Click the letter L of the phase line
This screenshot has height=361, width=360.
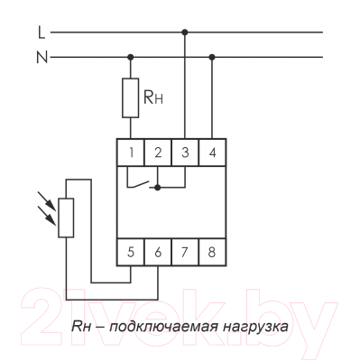pyautogui.click(x=42, y=32)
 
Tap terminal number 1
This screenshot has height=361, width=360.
pyautogui.click(x=132, y=152)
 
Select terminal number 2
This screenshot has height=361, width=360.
pyautogui.click(x=158, y=152)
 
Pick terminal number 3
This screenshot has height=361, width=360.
pyautogui.click(x=185, y=152)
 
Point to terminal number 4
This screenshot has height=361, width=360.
pyautogui.click(x=212, y=152)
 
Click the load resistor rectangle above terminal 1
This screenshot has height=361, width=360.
pyautogui.click(x=132, y=98)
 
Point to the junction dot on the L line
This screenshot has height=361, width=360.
pyautogui.click(x=185, y=32)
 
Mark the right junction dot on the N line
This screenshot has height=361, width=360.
pyautogui.click(x=212, y=56)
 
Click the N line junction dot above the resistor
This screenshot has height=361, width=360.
pyautogui.click(x=132, y=56)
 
